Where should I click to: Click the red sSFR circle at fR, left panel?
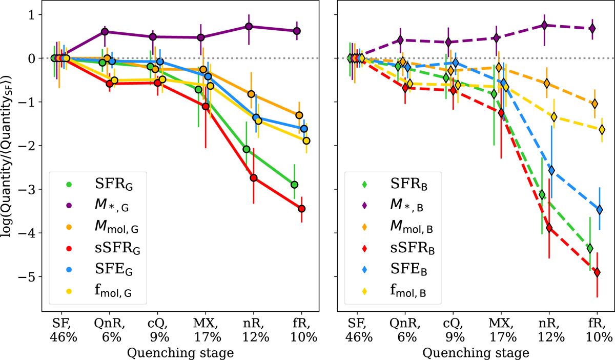tap(301, 208)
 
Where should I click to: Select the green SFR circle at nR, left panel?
tap(247, 149)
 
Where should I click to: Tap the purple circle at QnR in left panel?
tap(105, 32)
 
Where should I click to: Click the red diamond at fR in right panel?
tap(597, 272)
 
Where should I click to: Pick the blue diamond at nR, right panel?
tap(551, 170)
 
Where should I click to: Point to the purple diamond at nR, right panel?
tap(545, 25)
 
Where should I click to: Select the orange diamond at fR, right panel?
tap(594, 104)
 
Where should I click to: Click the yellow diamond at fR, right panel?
tap(602, 129)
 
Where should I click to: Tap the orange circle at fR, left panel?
tap(299, 115)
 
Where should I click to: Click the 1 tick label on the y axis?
tap(32, 14)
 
